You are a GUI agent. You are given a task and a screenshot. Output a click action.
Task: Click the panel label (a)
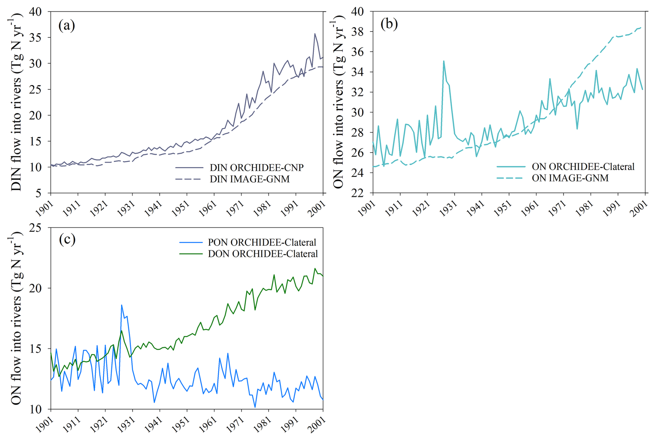point(67,25)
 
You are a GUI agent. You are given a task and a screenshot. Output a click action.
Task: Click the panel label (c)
point(67,239)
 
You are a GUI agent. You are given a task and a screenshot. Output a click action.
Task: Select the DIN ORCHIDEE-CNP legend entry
point(240,168)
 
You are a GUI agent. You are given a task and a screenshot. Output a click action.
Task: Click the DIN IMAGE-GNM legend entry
point(233,179)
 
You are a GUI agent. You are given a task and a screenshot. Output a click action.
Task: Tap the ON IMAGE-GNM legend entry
point(553,178)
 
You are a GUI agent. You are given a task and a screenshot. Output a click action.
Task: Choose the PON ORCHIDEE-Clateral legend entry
point(248,242)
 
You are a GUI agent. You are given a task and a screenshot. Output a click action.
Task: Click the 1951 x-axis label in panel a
point(181,208)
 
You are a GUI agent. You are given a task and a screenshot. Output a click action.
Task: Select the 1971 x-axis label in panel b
point(558,208)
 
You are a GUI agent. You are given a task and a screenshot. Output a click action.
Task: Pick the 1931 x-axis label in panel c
point(127,424)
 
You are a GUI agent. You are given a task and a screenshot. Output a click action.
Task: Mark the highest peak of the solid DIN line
point(315,34)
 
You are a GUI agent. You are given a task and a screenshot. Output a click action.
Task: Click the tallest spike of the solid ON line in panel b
point(444,61)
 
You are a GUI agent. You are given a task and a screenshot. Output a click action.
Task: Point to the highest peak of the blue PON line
point(121,305)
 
